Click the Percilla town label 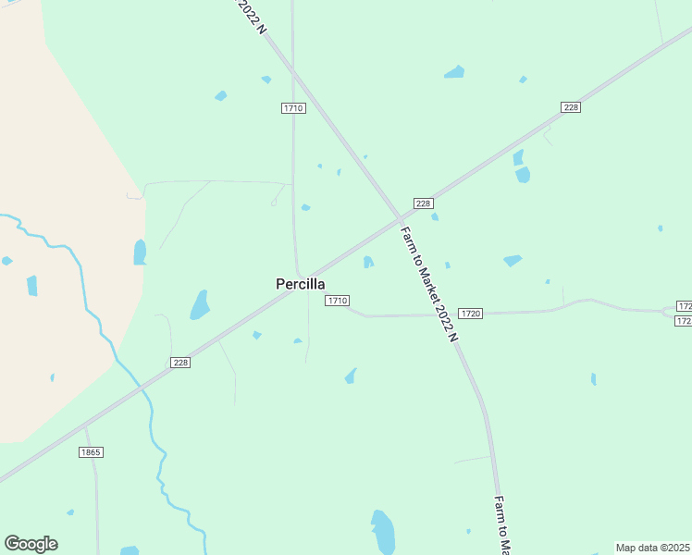coord(300,284)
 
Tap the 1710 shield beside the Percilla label coord(337,301)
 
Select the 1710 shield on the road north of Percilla coord(293,108)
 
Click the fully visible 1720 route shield coord(470,314)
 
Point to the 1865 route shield coord(90,451)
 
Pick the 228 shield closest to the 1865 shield coord(180,363)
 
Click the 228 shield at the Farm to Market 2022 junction coord(423,203)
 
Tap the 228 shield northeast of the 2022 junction coord(571,107)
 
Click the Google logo coord(31,543)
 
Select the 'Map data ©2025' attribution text coord(652,548)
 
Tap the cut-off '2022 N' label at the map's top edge coord(252,17)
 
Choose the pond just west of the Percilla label coord(200,304)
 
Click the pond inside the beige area coord(32,286)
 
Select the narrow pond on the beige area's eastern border coord(140,252)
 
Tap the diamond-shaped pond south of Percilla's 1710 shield coord(351,376)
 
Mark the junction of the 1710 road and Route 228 coord(298,274)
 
